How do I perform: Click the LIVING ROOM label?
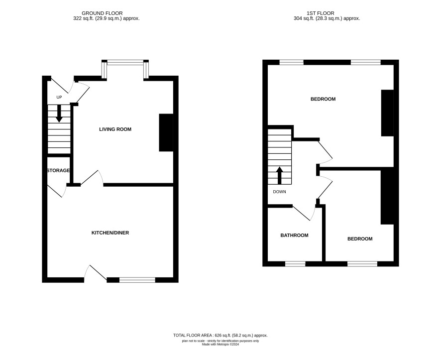point(115,129)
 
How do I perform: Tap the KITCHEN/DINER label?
point(110,233)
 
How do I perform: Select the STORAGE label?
point(58,170)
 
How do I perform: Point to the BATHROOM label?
point(294,236)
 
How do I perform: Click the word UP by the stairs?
point(59,97)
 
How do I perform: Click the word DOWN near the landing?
point(279,192)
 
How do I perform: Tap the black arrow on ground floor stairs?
point(59,114)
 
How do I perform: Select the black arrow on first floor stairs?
point(279,176)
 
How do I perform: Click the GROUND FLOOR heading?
point(102,13)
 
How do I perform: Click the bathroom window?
point(295,264)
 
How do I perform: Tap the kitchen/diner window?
point(137,280)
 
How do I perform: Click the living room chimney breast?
point(166,132)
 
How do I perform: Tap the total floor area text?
point(220,335)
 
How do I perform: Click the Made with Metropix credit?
point(220,344)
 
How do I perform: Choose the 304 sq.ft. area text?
point(327,18)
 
